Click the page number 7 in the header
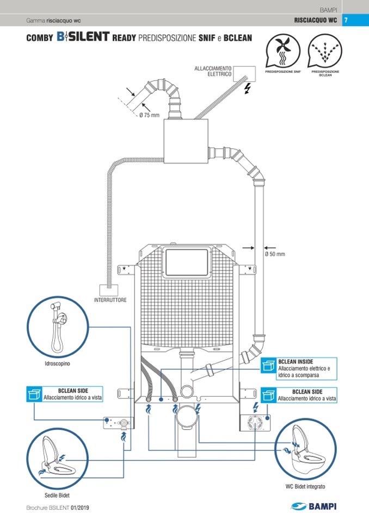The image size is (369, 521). (346, 21)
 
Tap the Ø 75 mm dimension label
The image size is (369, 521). (149, 115)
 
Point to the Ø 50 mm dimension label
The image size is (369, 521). (275, 254)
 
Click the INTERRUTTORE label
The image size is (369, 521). (110, 300)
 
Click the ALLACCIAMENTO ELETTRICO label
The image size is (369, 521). (213, 71)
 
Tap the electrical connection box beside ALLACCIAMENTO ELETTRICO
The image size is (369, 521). (245, 74)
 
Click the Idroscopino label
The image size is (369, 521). (57, 363)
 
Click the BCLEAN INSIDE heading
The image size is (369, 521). (296, 361)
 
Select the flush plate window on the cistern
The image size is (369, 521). (188, 263)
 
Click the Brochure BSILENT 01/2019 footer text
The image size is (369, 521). (58, 507)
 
